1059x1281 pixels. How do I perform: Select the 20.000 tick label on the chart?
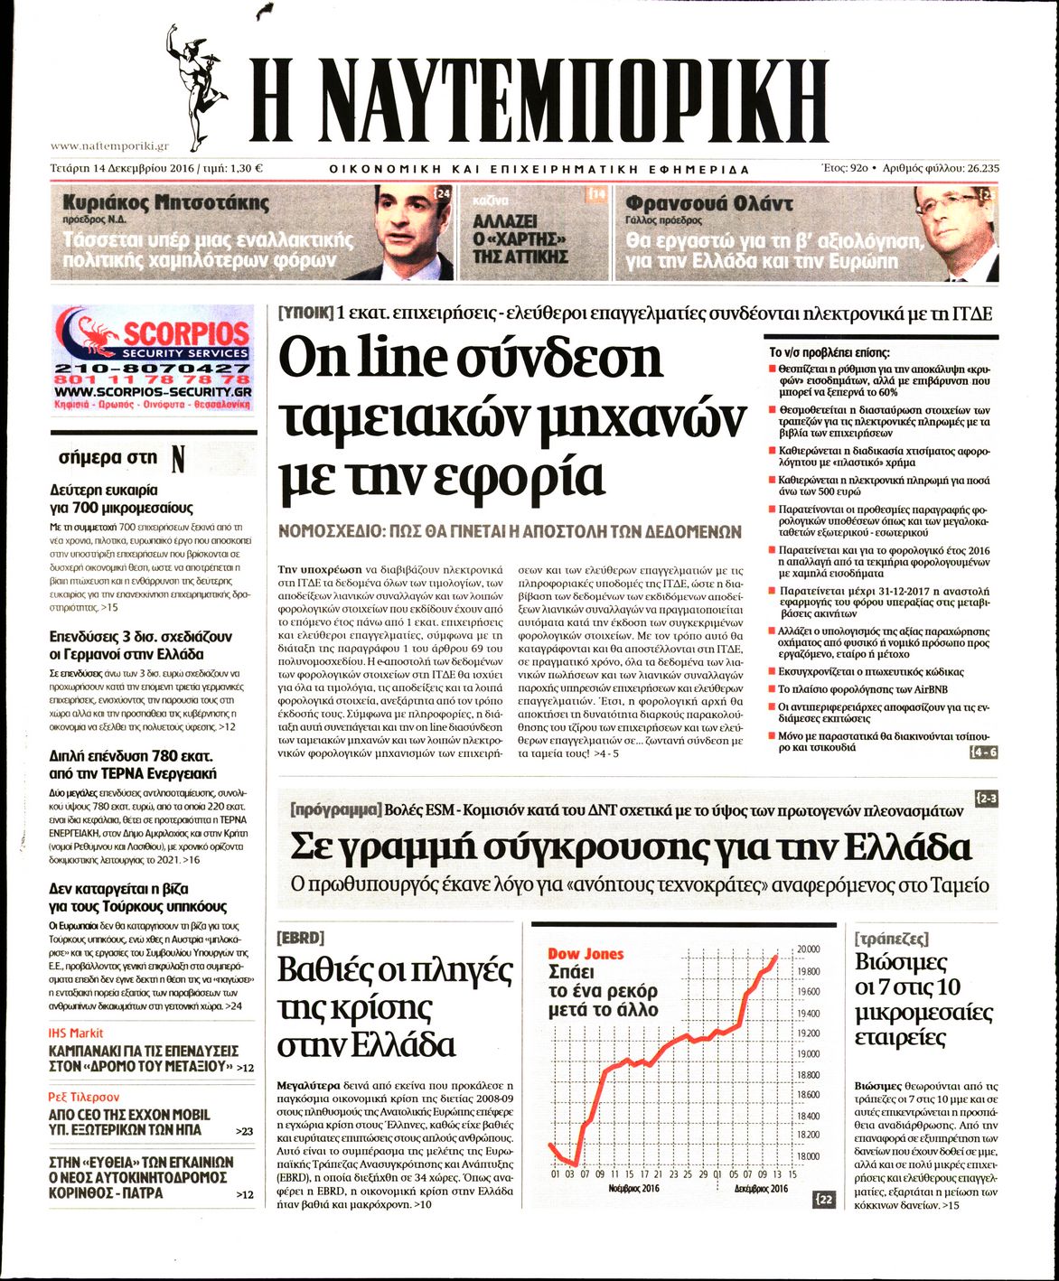click(808, 949)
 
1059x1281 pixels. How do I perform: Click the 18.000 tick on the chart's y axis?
click(808, 1156)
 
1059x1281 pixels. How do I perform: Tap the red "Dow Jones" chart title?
click(586, 954)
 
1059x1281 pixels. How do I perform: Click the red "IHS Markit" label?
click(76, 1033)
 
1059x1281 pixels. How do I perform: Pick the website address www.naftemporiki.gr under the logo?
click(109, 145)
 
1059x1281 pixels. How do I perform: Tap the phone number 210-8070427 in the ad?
click(152, 369)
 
